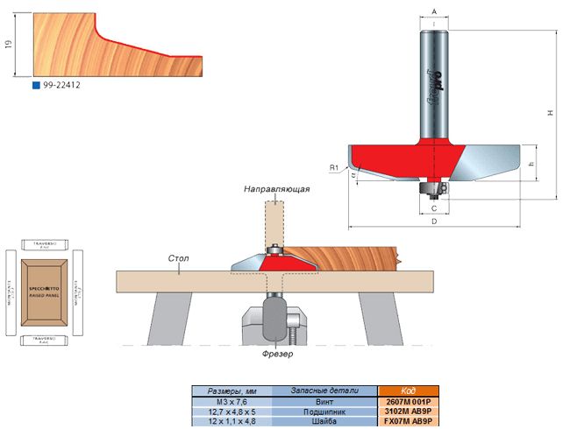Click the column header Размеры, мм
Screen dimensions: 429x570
(232, 390)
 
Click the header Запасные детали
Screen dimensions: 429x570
(325, 390)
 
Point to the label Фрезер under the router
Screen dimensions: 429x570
(277, 355)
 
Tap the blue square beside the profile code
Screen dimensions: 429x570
(35, 85)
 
